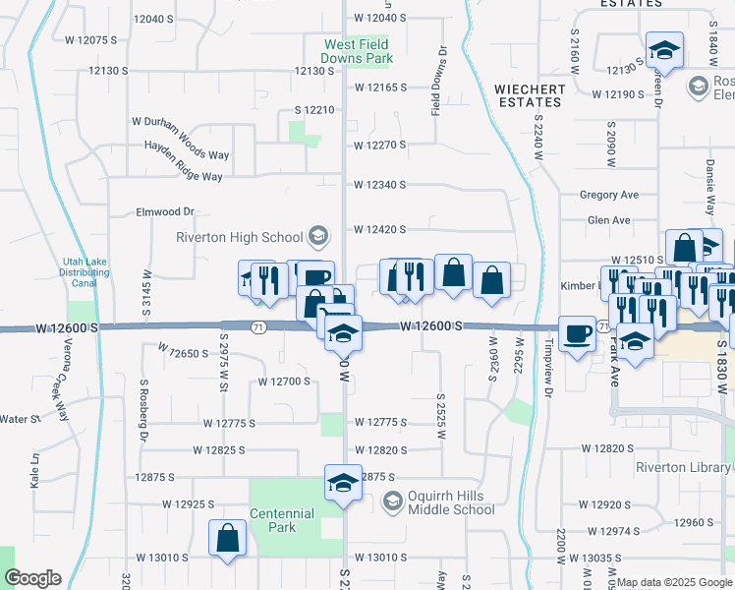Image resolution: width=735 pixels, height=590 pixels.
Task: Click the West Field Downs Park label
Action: (x=360, y=51)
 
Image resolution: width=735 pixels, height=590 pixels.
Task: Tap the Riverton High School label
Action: (x=239, y=237)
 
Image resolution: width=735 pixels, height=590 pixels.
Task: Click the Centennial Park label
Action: (x=282, y=520)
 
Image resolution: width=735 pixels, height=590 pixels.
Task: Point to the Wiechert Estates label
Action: (x=531, y=95)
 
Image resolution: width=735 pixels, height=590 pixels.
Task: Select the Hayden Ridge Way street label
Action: (x=183, y=176)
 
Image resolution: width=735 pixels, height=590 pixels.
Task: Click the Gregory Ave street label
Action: (x=609, y=196)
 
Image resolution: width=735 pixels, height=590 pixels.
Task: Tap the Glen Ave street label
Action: (x=608, y=220)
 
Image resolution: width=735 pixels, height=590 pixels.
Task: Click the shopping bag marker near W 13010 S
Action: (x=227, y=539)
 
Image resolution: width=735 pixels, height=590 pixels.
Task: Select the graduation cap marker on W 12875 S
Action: (x=343, y=485)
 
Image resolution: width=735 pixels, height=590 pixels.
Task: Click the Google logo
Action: (x=32, y=578)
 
